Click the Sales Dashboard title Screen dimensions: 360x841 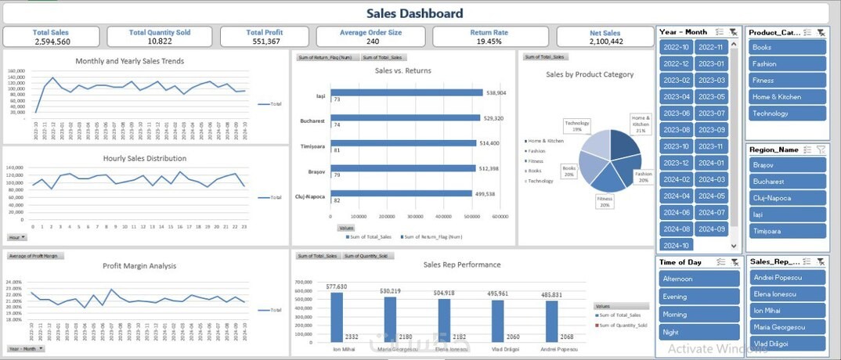[x=414, y=13]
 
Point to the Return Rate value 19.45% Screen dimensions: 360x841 [x=489, y=41]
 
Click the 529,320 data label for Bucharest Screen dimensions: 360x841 [x=495, y=118]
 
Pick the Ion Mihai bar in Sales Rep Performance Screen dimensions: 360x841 [x=337, y=316]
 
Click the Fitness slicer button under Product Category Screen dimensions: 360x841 [x=786, y=80]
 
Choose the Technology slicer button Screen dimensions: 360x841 [x=786, y=113]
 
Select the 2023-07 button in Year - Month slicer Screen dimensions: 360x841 [x=711, y=113]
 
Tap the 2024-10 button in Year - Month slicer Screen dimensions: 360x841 [x=675, y=245]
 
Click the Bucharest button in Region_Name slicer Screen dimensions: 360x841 [x=786, y=181]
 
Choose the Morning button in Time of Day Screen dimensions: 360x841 [x=698, y=314]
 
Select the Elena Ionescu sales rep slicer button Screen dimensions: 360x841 [x=786, y=293]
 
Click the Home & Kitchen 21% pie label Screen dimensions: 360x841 [x=641, y=122]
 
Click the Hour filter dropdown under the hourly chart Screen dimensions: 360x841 [x=16, y=237]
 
